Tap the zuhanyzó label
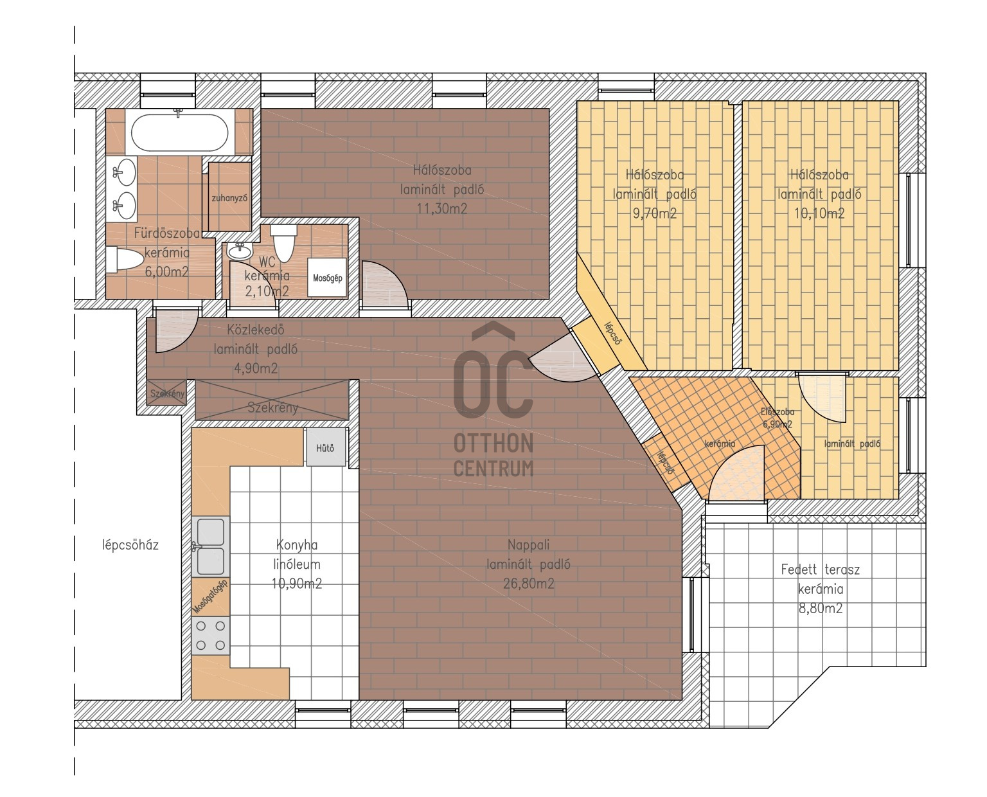point(229,198)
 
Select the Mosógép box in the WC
point(327,277)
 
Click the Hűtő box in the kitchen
point(325,447)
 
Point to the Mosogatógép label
point(210,596)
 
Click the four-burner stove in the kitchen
point(210,635)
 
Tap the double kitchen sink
point(210,546)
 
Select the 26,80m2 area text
point(528,584)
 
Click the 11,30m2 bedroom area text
point(441,208)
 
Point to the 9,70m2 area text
point(654,213)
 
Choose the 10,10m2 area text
point(819,213)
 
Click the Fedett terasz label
point(820,569)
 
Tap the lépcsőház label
point(130,545)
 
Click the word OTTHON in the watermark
point(493,443)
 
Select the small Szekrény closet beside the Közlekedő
point(166,393)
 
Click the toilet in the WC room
point(283,242)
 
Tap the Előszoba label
point(777,411)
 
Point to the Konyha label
point(297,544)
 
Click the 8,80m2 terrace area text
point(820,608)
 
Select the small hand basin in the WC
point(240,251)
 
